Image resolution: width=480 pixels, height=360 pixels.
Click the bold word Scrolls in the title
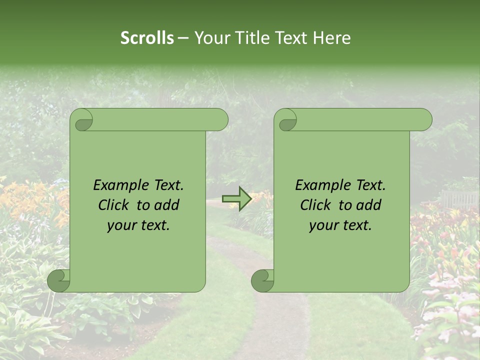[x=147, y=38]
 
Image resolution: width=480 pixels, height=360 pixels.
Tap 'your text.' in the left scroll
[x=138, y=225]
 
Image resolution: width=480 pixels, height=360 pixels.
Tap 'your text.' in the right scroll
[x=340, y=225]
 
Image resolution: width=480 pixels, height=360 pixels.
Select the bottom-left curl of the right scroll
[x=263, y=280]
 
